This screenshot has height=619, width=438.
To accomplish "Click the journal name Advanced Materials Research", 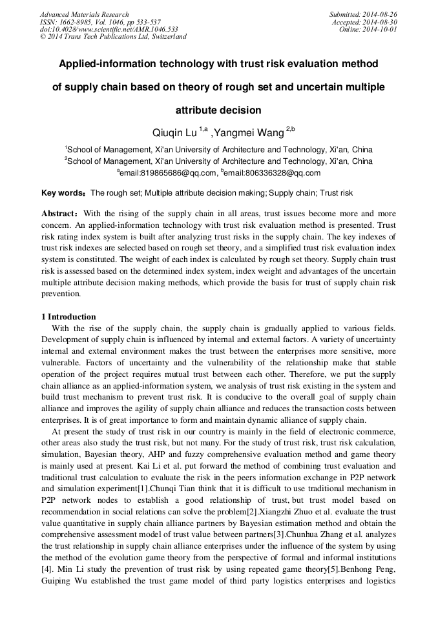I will [84, 14].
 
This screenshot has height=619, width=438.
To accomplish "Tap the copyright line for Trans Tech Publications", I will [113, 37].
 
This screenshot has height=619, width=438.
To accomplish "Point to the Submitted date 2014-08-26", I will [363, 14].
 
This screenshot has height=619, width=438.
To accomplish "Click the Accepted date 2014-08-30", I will [364, 22].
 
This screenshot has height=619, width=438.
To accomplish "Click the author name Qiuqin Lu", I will [174, 133].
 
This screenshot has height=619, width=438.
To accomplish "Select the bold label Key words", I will [63, 193].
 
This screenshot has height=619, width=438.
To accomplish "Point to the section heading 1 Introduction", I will [68, 317].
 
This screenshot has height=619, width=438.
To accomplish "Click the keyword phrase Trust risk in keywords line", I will [337, 193].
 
